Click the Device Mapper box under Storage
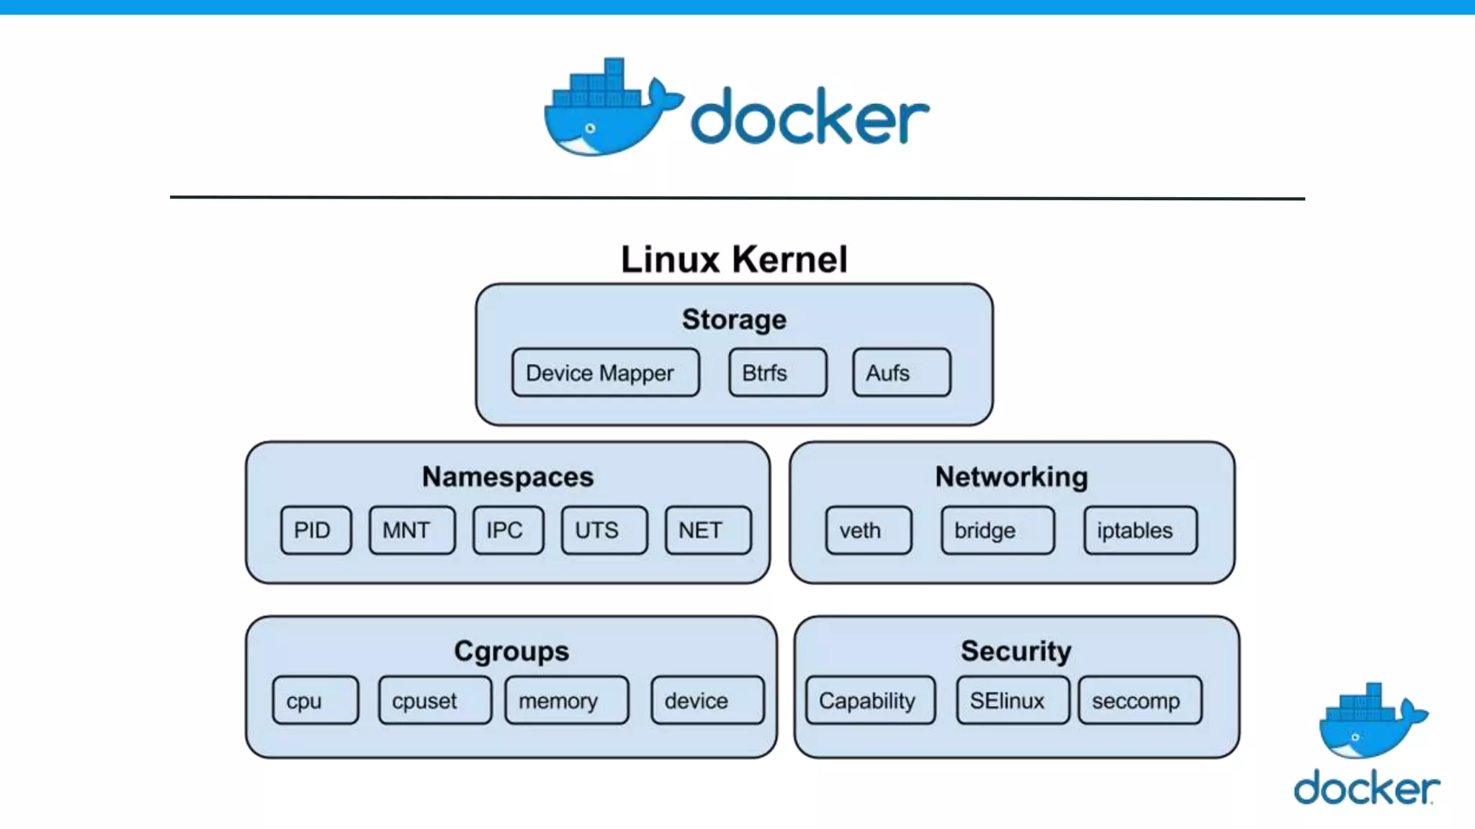[605, 373]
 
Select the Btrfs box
[777, 373]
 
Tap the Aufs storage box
[901, 373]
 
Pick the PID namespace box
[315, 530]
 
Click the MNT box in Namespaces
[411, 530]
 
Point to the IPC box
[508, 530]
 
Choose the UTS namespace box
[604, 530]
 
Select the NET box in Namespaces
[707, 530]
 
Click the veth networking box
[868, 530]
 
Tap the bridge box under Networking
[997, 530]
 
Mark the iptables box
[1139, 530]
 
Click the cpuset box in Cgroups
[434, 700]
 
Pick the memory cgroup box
[566, 700]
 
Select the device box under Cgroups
[707, 700]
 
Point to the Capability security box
[870, 700]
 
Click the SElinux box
[1012, 700]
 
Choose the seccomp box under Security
[1139, 700]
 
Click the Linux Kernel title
[734, 259]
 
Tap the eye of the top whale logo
[591, 129]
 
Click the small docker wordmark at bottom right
[1366, 787]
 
